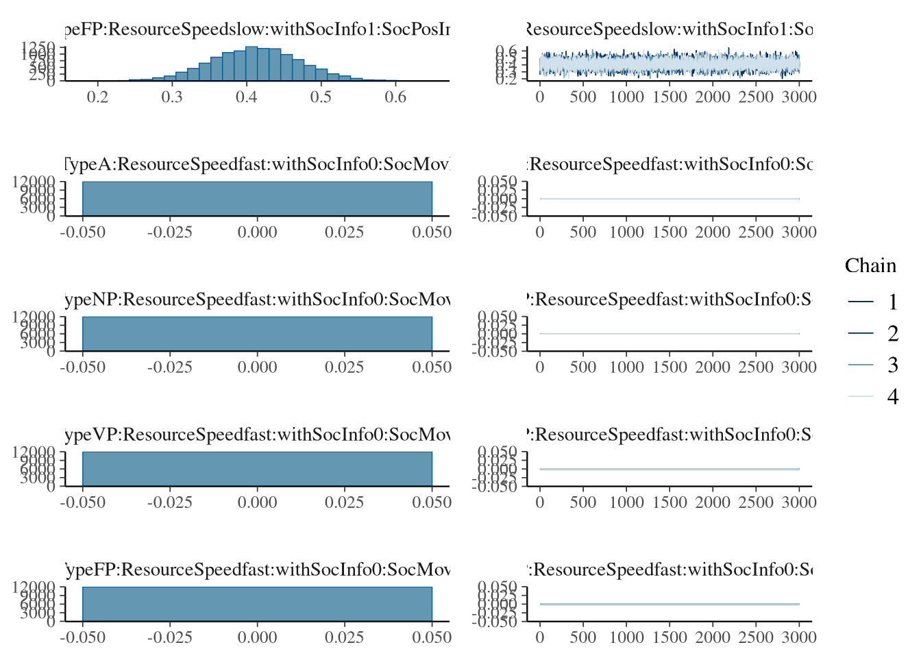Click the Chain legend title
point(870,266)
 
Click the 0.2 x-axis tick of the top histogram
point(98,97)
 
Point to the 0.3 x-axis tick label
point(172,97)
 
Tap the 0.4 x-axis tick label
point(247,97)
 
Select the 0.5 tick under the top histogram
point(321,97)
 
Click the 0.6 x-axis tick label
point(395,97)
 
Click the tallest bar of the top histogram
point(251,64)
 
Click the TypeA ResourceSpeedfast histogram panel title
point(258,164)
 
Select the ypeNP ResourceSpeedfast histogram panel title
point(258,300)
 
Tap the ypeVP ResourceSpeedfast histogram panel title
point(258,435)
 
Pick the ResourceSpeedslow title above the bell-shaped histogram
point(258,29)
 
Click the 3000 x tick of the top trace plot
point(799,97)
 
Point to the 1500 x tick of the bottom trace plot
point(670,637)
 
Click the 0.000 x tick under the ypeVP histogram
point(258,502)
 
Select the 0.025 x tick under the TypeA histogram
point(345,232)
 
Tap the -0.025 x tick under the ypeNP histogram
point(170,367)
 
